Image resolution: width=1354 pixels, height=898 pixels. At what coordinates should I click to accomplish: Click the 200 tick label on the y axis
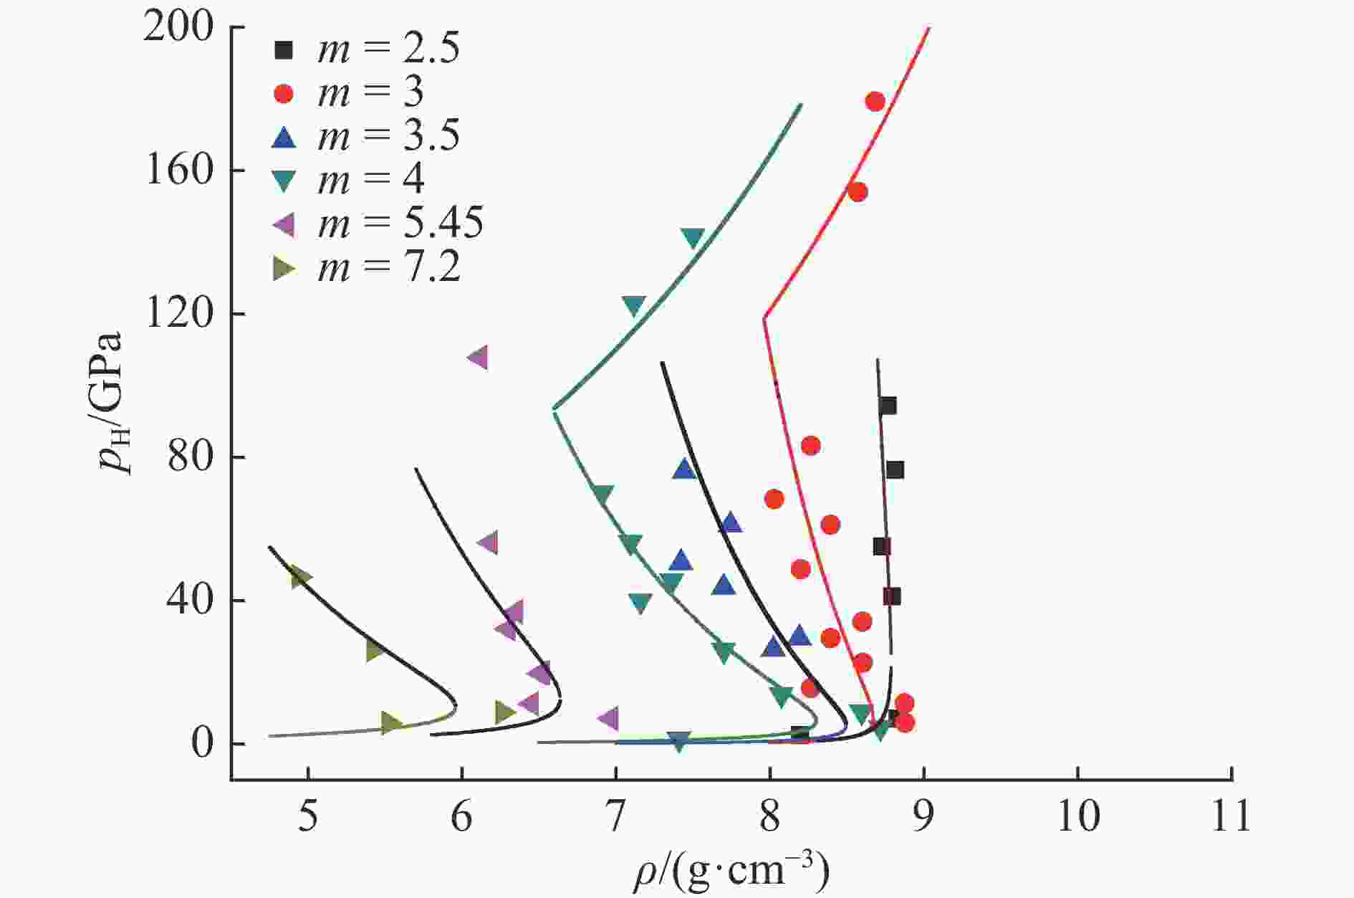(x=179, y=29)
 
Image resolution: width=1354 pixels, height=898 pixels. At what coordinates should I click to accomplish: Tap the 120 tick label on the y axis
(x=179, y=314)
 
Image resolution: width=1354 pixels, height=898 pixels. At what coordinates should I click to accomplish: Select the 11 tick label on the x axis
(x=1231, y=817)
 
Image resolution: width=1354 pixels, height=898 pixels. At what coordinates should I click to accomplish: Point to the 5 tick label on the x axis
(x=308, y=817)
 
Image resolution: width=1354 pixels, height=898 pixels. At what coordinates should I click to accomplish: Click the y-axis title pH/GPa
(x=113, y=401)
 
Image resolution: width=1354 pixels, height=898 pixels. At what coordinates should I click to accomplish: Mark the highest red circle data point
(x=875, y=101)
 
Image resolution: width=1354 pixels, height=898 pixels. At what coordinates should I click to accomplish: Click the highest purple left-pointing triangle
(x=478, y=357)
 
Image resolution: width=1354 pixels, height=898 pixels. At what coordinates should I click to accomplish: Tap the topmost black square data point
(x=888, y=406)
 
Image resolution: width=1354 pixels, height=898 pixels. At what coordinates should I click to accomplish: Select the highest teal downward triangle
(x=693, y=237)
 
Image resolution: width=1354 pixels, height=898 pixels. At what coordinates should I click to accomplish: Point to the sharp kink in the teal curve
(x=554, y=409)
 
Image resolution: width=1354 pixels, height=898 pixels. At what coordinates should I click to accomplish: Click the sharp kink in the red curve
(x=764, y=317)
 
